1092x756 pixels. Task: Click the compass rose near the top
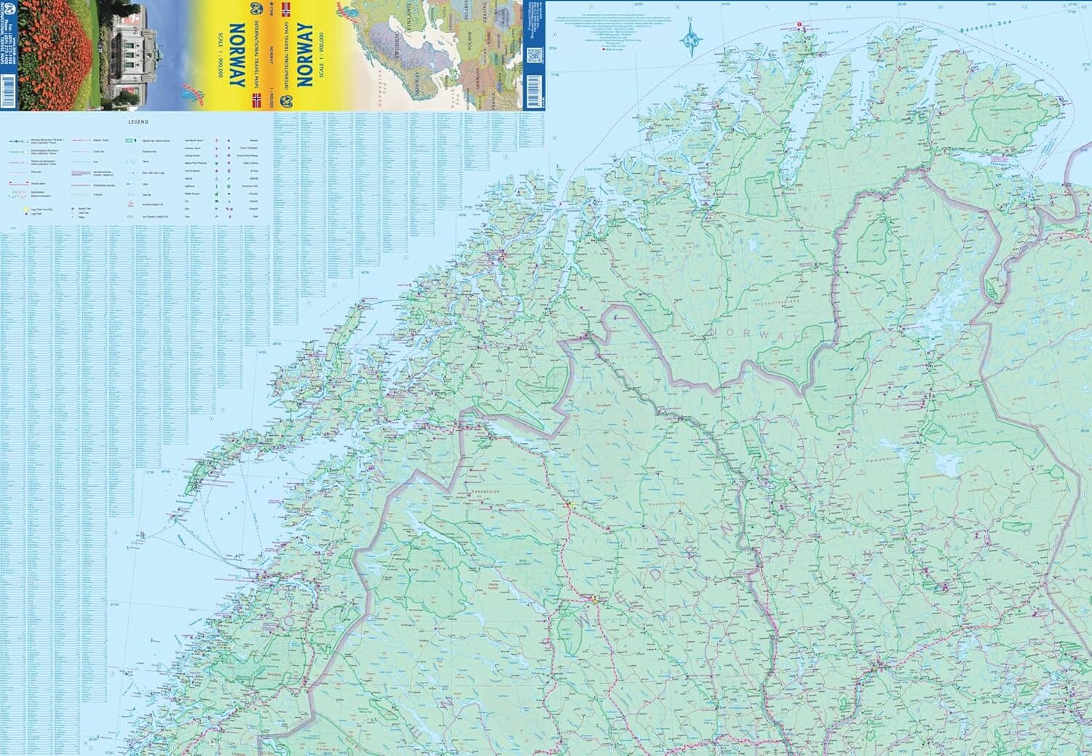point(689,39)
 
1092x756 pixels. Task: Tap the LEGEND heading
point(138,122)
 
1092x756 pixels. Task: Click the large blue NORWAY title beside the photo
point(237,55)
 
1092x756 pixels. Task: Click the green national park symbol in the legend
point(130,138)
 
